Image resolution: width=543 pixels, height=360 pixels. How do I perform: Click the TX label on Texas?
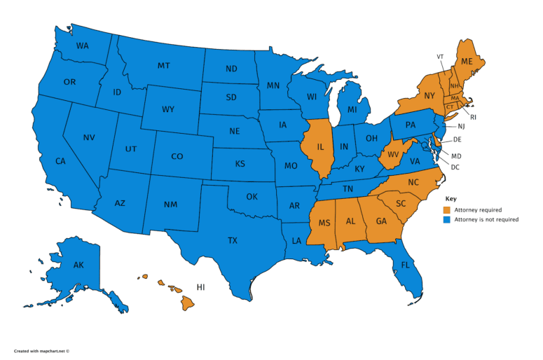click(233, 240)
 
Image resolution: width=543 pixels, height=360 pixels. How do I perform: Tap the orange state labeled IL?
click(320, 148)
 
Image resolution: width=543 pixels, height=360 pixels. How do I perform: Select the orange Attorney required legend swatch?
click(447, 209)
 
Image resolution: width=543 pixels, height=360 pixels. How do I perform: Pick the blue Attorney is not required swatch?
click(447, 219)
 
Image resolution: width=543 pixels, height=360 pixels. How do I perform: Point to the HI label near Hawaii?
click(200, 287)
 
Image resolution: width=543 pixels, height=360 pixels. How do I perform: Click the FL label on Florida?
click(405, 265)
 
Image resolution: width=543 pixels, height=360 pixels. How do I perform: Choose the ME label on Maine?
click(467, 62)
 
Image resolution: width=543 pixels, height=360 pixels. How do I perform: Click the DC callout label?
click(455, 167)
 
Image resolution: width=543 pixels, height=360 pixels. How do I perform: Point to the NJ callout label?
click(461, 127)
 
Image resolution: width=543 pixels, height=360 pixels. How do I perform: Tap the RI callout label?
click(472, 117)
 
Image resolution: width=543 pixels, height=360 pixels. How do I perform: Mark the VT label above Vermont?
click(440, 56)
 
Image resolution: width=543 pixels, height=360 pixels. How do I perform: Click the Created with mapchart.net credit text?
click(42, 350)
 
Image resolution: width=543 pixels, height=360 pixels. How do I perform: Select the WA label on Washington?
click(82, 46)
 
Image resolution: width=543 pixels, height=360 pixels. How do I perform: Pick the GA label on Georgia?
click(380, 221)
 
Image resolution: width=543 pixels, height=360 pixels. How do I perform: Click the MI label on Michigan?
click(352, 111)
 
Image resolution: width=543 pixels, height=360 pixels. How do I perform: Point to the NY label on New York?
click(429, 95)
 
